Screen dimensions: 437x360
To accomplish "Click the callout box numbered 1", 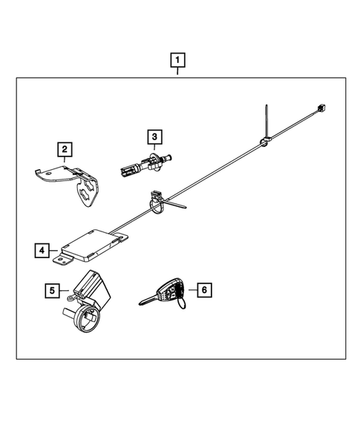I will [x=178, y=59].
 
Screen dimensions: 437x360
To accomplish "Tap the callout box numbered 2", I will [x=66, y=151].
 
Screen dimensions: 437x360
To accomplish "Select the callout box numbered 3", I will [x=154, y=137].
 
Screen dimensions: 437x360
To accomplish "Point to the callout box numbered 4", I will [x=42, y=250].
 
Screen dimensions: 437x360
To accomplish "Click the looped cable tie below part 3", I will [x=157, y=202].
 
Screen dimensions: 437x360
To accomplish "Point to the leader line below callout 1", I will [x=178, y=71].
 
